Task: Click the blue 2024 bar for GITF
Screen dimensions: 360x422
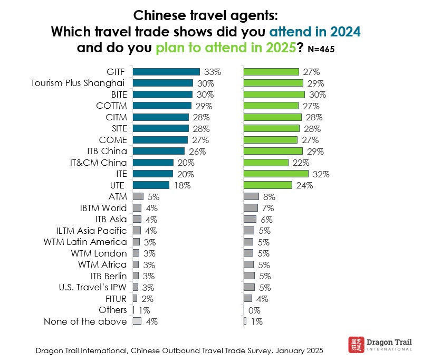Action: point(166,72)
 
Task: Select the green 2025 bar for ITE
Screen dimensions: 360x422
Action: point(275,174)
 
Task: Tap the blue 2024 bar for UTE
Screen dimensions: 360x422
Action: point(151,185)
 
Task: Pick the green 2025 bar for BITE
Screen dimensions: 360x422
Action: point(274,94)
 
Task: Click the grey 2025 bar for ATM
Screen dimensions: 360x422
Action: point(251,196)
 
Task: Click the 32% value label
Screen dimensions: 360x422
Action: point(320,174)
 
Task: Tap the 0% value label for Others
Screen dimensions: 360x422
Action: point(254,310)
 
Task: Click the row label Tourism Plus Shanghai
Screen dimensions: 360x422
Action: point(78,83)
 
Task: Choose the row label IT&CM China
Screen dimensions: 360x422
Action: point(99,163)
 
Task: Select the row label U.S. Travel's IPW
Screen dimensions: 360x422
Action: point(93,287)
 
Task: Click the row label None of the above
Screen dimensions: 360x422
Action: point(85,321)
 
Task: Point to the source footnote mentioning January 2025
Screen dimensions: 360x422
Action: point(179,350)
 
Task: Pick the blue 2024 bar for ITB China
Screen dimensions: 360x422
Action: point(159,151)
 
